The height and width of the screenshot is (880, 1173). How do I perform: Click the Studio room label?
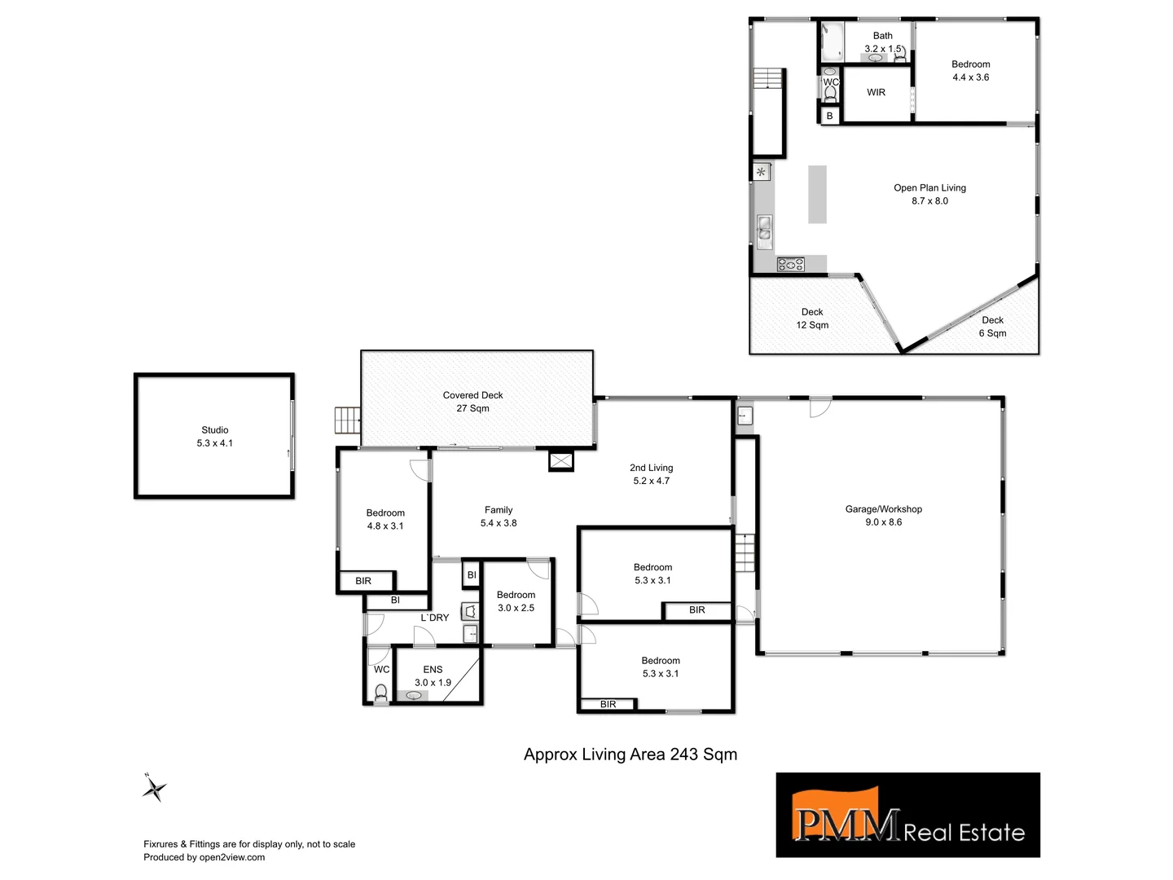[215, 436]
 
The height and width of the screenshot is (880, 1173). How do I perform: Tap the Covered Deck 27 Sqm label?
[472, 402]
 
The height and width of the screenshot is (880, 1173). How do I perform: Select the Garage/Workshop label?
[884, 515]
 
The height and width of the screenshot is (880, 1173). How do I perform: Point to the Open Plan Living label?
[929, 194]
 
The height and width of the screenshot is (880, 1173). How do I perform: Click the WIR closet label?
[876, 92]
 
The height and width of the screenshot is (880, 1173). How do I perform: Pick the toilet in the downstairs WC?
[380, 693]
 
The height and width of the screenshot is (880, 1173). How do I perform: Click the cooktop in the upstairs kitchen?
[790, 264]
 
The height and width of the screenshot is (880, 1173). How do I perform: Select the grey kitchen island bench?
[817, 194]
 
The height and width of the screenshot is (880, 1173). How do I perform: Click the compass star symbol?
[154, 788]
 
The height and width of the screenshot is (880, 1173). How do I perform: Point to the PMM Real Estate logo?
[907, 815]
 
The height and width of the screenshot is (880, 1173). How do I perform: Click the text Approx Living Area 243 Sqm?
[630, 755]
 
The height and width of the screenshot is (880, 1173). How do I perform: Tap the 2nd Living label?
[651, 474]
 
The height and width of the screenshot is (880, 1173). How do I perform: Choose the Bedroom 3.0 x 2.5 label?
[516, 601]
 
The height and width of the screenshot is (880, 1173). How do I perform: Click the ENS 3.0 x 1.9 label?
[433, 676]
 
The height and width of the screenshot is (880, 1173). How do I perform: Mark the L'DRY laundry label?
[434, 618]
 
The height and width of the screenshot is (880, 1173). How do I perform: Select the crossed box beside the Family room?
[561, 461]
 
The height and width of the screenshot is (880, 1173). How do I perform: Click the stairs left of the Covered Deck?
[346, 421]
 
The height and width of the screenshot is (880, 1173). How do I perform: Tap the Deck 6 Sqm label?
[992, 326]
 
